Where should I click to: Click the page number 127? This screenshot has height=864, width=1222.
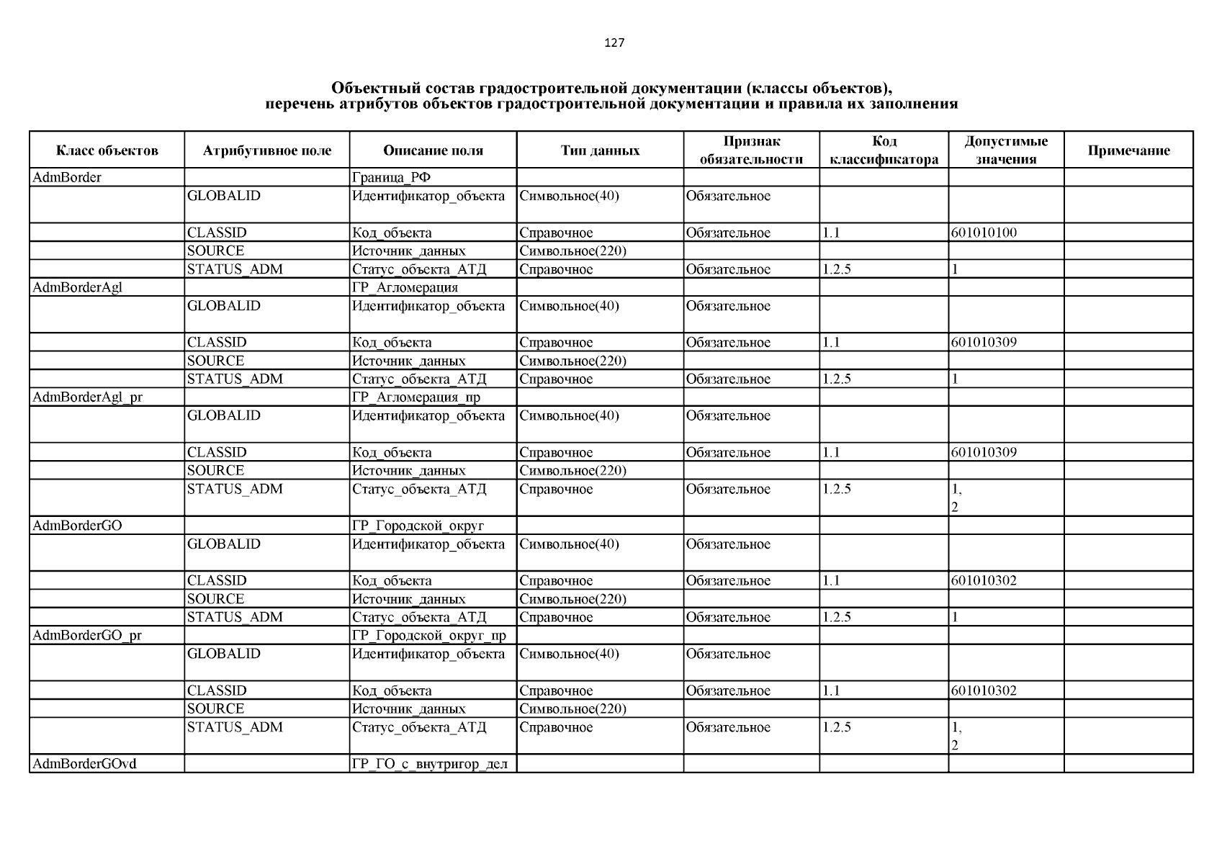614,42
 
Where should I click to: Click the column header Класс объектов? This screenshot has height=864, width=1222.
107,150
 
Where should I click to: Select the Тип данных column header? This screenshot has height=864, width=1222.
600,150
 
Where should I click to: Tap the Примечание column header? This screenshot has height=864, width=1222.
1128,150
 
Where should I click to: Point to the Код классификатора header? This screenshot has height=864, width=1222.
884,150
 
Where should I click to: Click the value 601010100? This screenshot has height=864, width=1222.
984,233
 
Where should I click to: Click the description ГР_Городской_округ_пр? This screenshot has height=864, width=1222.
428,635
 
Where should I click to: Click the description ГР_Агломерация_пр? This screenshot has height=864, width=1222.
415,397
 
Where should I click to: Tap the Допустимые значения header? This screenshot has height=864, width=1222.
1005,150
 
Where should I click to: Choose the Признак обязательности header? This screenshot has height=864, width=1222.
751,150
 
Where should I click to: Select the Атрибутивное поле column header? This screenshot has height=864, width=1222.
266,150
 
